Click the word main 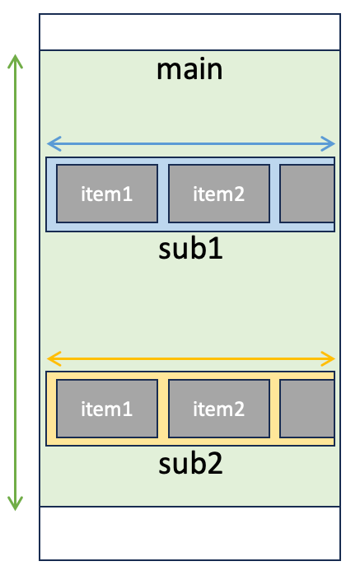click(189, 69)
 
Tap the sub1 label click(190, 249)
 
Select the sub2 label click(190, 463)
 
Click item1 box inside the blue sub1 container click(107, 194)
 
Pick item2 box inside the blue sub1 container click(219, 194)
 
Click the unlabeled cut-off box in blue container click(307, 194)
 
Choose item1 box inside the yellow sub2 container click(107, 409)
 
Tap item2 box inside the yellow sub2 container click(219, 409)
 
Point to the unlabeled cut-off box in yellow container click(307, 409)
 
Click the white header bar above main click(189, 32)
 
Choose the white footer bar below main click(189, 533)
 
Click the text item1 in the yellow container click(107, 409)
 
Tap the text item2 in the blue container click(219, 194)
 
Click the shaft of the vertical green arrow click(15, 283)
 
